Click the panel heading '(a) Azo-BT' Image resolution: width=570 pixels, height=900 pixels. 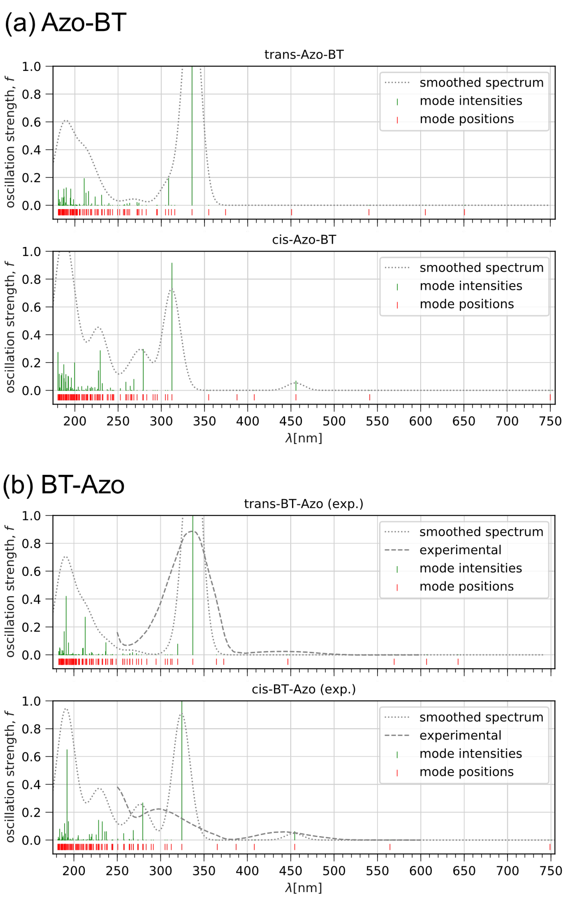pyautogui.click(x=65, y=23)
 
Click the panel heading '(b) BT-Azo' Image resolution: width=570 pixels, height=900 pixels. pyautogui.click(x=63, y=485)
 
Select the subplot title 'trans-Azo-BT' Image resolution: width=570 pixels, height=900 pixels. pyautogui.click(x=304, y=55)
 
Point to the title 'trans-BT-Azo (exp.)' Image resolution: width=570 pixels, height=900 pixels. pyautogui.click(x=304, y=504)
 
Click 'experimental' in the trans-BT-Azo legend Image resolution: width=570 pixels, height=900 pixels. pyautogui.click(x=460, y=550)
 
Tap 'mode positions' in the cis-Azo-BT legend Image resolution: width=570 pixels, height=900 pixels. pyautogui.click(x=467, y=304)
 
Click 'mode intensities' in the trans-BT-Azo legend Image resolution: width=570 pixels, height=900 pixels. pyautogui.click(x=471, y=568)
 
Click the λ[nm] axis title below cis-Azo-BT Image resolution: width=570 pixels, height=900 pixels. pyautogui.click(x=304, y=438)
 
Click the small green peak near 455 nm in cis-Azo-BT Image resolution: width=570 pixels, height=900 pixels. pyautogui.click(x=296, y=386)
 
